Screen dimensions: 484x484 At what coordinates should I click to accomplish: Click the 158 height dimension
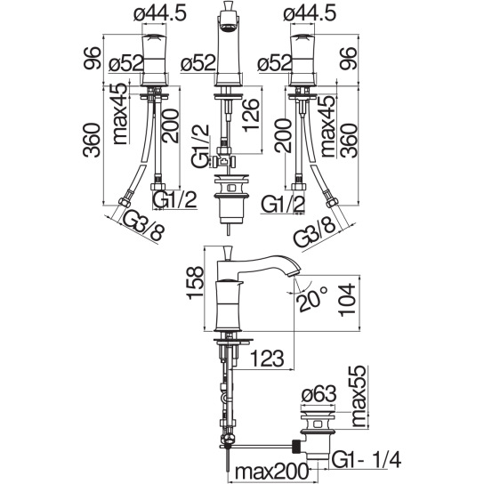coord(196,283)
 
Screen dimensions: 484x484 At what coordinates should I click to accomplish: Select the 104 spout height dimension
coord(347,300)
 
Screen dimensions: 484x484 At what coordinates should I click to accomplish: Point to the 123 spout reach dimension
coord(266,359)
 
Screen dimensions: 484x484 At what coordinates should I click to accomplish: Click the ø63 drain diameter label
coord(319,394)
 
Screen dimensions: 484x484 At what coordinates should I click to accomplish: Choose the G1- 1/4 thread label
coord(367,460)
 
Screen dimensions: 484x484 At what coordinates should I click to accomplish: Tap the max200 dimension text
coord(271,472)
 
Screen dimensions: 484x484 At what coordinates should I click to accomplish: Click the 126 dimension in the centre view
coord(250,116)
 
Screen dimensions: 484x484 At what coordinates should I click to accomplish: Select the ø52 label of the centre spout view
coord(198,62)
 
